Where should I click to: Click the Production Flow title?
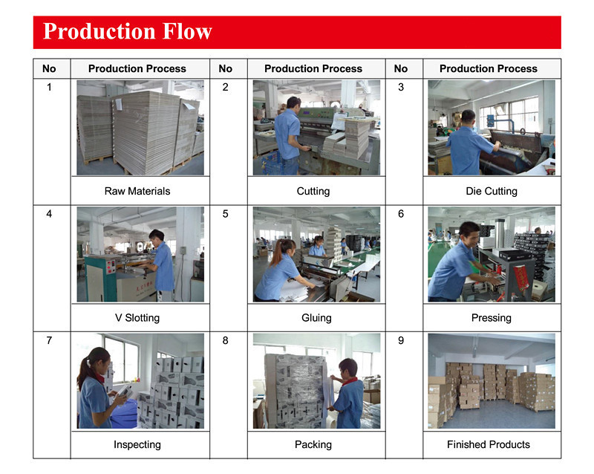127,31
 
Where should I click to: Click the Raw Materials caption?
137,191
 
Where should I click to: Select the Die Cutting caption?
492,191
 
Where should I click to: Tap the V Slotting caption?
137,318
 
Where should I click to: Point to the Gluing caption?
316,318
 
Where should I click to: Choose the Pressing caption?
492,318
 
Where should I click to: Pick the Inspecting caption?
137,444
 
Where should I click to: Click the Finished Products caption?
489,444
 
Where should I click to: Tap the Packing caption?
313,444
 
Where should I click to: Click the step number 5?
226,214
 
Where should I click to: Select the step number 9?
401,340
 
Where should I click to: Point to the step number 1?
49,87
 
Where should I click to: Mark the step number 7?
49,340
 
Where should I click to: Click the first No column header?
49,68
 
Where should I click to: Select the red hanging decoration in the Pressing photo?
520,279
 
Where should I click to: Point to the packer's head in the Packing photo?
348,368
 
